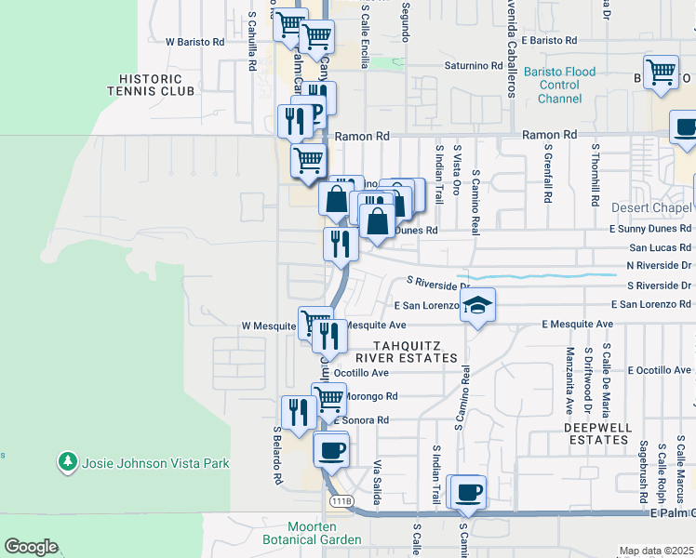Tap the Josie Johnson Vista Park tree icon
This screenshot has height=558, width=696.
pos(67,462)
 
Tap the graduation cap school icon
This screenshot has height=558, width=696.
pos(476,306)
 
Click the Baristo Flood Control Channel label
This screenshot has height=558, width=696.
pos(559,85)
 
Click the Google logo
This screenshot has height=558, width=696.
pos(31,547)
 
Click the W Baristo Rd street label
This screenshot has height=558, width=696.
pos(194,42)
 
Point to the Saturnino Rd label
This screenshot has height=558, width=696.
pos(474,66)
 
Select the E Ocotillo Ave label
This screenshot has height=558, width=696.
pos(660,370)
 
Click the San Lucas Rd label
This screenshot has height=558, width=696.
pos(660,247)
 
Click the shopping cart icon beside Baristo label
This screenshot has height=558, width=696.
pos(661,73)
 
